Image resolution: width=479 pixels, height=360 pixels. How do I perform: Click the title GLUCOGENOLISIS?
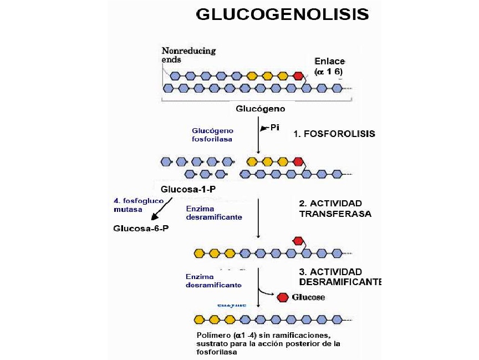[x=282, y=14]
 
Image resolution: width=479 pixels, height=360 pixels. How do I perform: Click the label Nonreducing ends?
[x=188, y=55]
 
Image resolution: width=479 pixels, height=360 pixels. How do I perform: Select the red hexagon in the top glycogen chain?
[x=298, y=75]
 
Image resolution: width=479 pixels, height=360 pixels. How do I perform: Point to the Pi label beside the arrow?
[x=274, y=128]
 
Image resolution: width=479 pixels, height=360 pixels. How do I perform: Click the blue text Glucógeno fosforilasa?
[x=212, y=135]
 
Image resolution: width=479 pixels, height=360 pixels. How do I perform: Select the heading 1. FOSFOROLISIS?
[x=334, y=134]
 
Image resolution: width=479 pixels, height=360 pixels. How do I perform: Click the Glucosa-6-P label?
[x=140, y=228]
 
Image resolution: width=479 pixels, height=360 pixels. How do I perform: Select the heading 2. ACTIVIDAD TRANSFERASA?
[x=335, y=209]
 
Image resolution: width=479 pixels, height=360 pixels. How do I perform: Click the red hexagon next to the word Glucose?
[x=283, y=297]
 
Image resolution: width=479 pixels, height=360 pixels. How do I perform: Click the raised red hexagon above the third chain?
[x=298, y=241]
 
